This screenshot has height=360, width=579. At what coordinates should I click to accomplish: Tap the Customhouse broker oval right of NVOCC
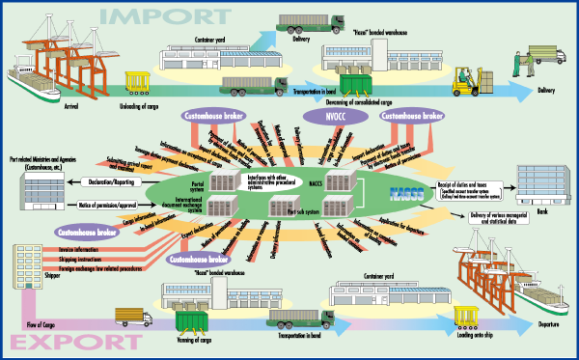point(411,116)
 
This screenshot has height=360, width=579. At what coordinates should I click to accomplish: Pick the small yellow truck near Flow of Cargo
point(131,316)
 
